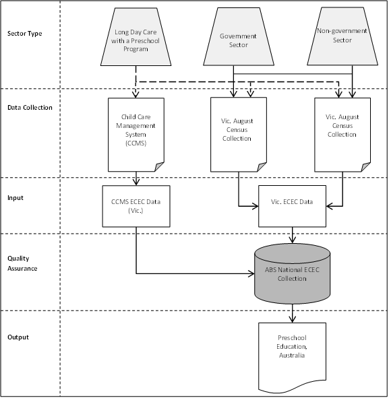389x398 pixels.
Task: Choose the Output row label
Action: tap(18, 337)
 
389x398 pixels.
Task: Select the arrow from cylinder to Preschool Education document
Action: tap(293, 312)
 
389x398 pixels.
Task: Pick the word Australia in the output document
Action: tap(293, 355)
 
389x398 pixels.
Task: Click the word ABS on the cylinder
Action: tap(272, 269)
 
